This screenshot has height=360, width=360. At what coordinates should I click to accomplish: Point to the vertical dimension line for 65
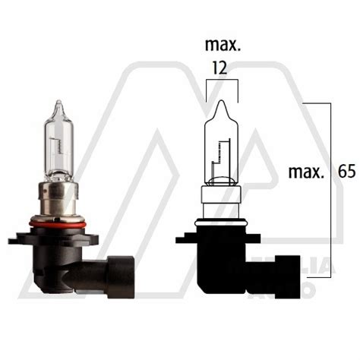click(328, 167)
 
